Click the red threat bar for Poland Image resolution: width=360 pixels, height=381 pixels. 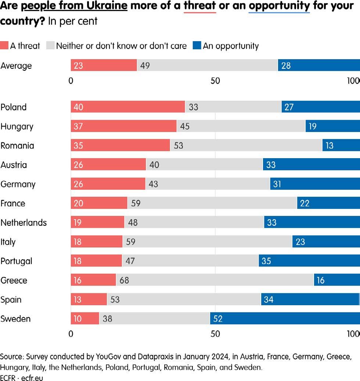click(128, 107)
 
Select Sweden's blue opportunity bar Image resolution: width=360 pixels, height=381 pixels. click(285, 318)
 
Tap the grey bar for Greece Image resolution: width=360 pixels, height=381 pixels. click(215, 280)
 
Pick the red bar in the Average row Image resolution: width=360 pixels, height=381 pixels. click(104, 65)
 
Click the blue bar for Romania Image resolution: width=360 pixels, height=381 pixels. click(341, 145)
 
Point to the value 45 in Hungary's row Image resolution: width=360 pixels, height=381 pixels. click(185, 127)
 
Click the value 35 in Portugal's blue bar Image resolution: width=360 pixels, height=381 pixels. click(266, 261)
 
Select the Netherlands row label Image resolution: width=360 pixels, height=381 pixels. click(24, 223)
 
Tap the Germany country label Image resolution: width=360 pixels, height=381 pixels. click(18, 184)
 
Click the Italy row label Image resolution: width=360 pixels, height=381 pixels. click(8, 242)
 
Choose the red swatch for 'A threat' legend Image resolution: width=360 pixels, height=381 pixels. click(4, 46)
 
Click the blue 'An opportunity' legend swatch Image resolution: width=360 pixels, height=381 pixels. click(197, 46)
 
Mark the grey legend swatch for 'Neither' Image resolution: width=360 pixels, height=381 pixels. click(50, 46)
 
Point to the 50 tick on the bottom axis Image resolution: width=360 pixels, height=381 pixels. click(215, 334)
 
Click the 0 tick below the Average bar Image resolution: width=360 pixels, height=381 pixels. click(71, 81)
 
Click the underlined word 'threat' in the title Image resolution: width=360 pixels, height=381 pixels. click(200, 6)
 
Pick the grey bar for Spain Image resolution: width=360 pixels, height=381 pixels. click(184, 299)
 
